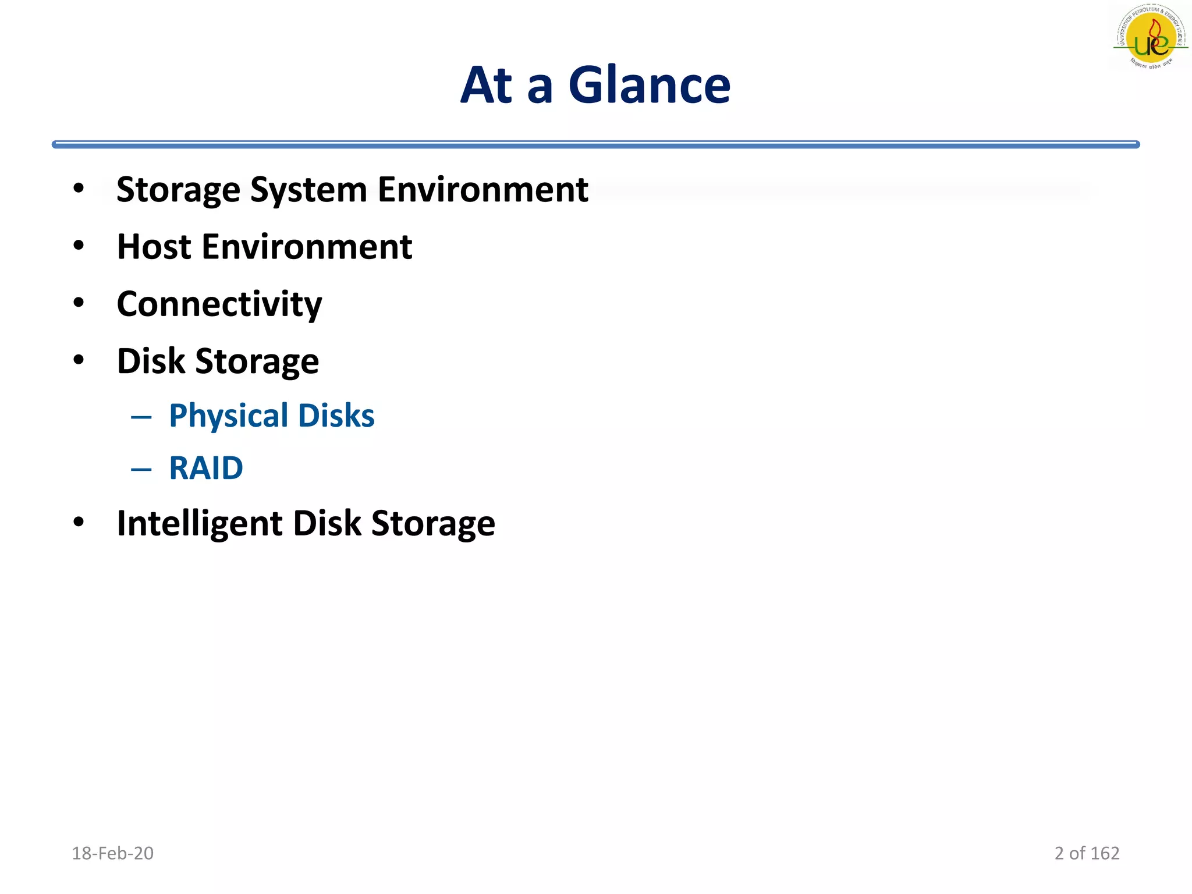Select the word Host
pyautogui.click(x=154, y=247)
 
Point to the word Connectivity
pyautogui.click(x=219, y=304)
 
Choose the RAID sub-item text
pyautogui.click(x=206, y=468)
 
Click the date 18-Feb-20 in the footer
pyautogui.click(x=112, y=853)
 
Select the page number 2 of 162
pyautogui.click(x=1087, y=853)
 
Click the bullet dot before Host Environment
pyautogui.click(x=79, y=246)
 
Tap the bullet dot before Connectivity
pyautogui.click(x=79, y=303)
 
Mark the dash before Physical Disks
pyautogui.click(x=141, y=417)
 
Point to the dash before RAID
pyautogui.click(x=141, y=469)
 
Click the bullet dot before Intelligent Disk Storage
pyautogui.click(x=79, y=522)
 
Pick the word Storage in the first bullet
pyautogui.click(x=178, y=190)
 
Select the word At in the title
pyautogui.click(x=487, y=86)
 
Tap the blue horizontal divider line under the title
pyautogui.click(x=595, y=144)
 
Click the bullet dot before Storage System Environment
pyautogui.click(x=79, y=189)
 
